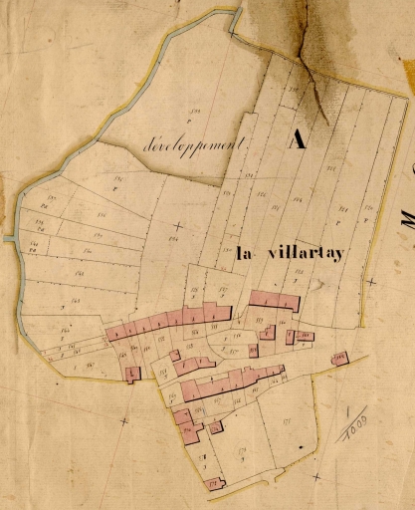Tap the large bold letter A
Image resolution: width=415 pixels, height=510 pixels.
click(296, 139)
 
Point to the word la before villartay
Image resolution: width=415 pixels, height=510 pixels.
click(245, 254)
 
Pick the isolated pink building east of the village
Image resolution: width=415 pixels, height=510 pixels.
click(339, 357)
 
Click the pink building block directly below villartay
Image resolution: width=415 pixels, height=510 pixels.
click(274, 299)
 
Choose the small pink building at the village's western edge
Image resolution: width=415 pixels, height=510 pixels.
click(133, 374)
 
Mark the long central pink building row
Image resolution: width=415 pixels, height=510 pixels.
click(229, 382)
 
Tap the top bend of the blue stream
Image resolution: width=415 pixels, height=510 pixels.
click(237, 12)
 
